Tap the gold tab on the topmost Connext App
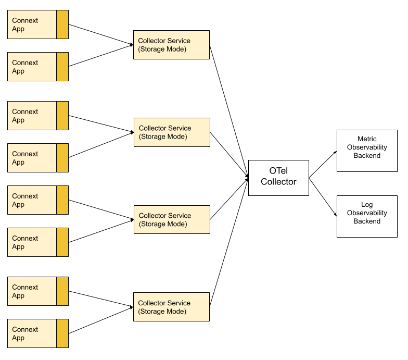(x=62, y=24)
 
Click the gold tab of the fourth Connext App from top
(x=62, y=158)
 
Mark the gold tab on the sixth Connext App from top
(x=62, y=242)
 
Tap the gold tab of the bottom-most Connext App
(x=62, y=333)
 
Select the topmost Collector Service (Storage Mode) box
(x=171, y=45)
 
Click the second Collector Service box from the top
(x=172, y=132)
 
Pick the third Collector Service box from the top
(x=172, y=219)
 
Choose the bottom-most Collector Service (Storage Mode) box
(x=171, y=307)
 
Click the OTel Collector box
(x=278, y=178)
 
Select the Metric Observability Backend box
(x=367, y=151)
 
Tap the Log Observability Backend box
(x=367, y=216)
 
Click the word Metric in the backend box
(x=367, y=139)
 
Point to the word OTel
(x=278, y=171)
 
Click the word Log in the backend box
(x=367, y=205)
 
